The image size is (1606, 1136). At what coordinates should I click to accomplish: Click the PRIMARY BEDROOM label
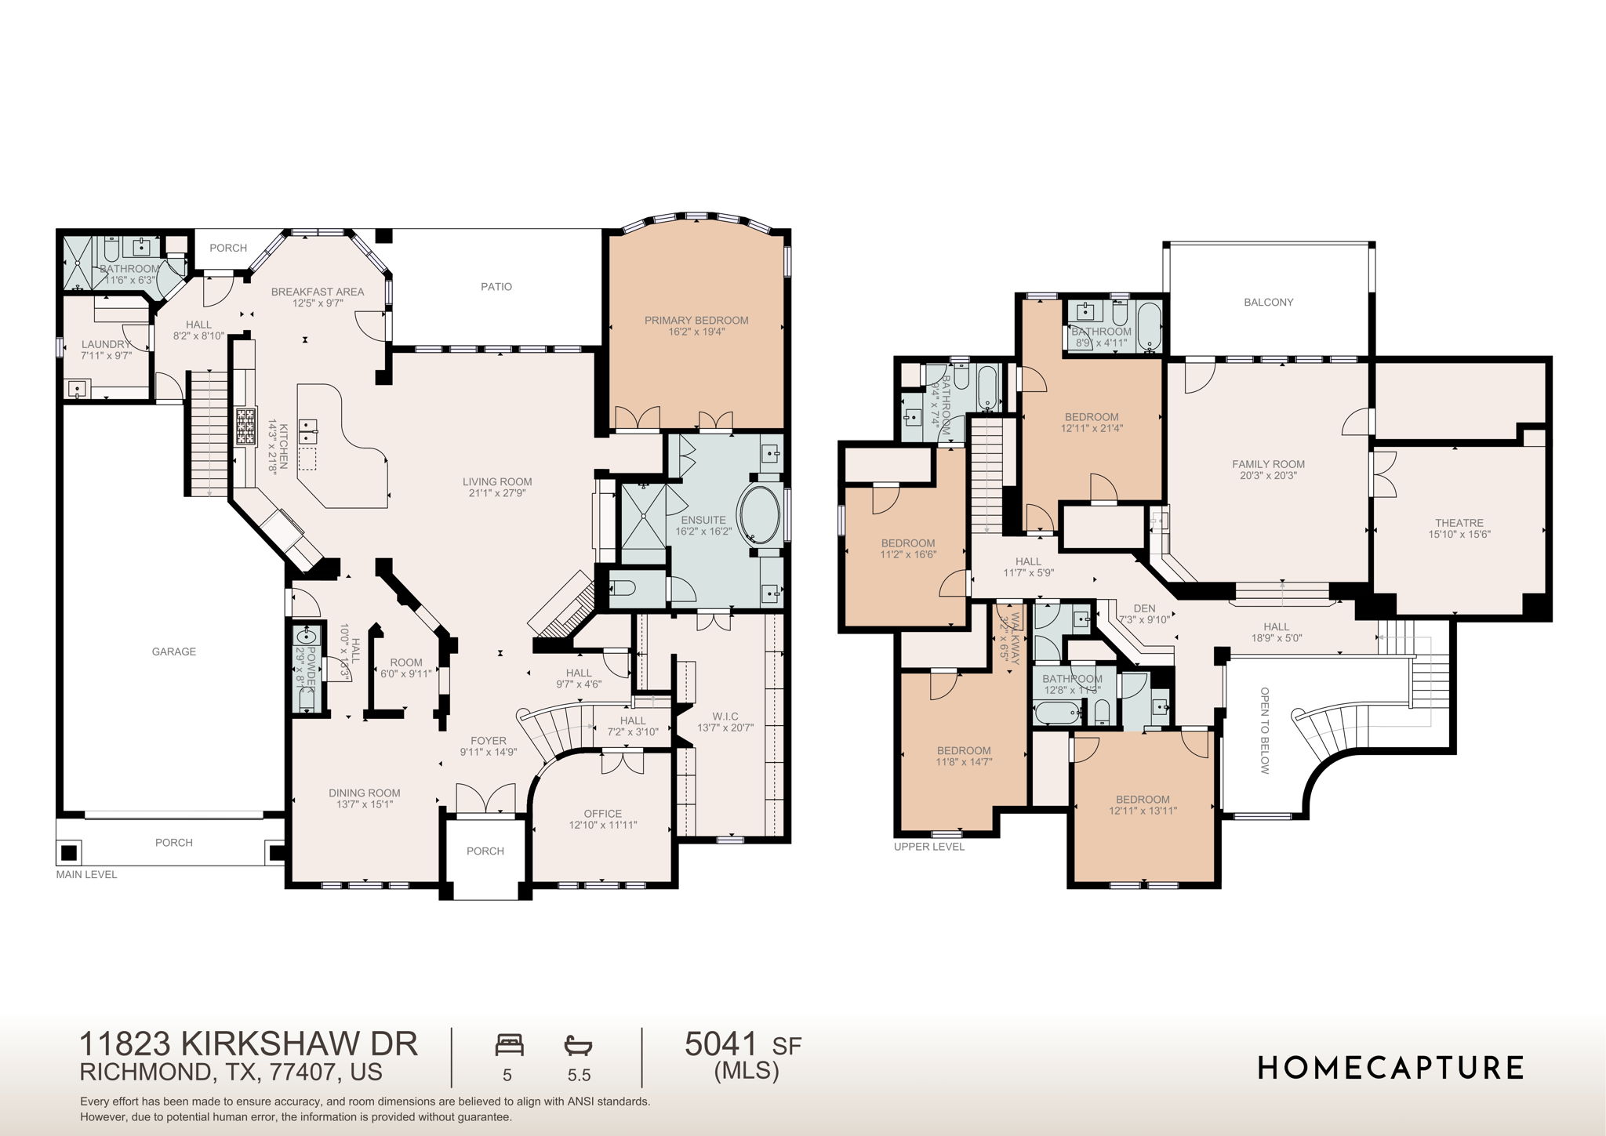pyautogui.click(x=696, y=320)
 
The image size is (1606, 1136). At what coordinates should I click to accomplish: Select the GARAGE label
pyautogui.click(x=173, y=651)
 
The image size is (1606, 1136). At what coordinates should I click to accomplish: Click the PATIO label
pyautogui.click(x=496, y=287)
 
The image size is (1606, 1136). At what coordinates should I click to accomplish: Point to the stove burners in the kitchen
pyautogui.click(x=245, y=427)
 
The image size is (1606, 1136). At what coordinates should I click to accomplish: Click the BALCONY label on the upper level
pyautogui.click(x=1268, y=302)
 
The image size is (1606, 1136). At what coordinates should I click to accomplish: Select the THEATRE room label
pyautogui.click(x=1459, y=523)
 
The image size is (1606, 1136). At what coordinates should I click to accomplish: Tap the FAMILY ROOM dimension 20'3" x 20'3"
pyautogui.click(x=1268, y=475)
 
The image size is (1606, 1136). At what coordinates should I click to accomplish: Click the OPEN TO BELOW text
pyautogui.click(x=1264, y=730)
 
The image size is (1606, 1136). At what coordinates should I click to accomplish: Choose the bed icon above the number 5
pyautogui.click(x=509, y=1045)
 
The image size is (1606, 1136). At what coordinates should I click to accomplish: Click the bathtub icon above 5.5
pyautogui.click(x=578, y=1045)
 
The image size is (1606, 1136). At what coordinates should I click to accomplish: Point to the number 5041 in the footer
pyautogui.click(x=721, y=1044)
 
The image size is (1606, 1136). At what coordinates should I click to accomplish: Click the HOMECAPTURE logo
pyautogui.click(x=1390, y=1067)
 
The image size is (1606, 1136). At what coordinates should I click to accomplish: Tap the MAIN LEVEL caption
pyautogui.click(x=86, y=874)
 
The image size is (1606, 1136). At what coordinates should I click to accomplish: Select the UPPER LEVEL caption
pyautogui.click(x=929, y=847)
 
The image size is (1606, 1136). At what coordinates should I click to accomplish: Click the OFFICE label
pyautogui.click(x=602, y=814)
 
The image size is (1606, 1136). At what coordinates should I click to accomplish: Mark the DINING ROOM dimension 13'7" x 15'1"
pyautogui.click(x=364, y=804)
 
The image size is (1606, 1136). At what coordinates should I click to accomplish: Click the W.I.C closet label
pyautogui.click(x=725, y=717)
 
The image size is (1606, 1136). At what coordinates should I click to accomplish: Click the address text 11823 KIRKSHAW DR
pyautogui.click(x=249, y=1044)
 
